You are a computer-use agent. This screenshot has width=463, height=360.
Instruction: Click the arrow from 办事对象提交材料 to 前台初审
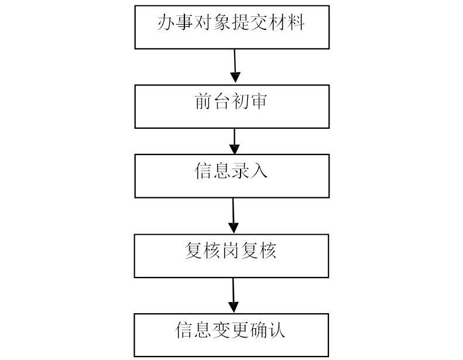[x=235, y=67]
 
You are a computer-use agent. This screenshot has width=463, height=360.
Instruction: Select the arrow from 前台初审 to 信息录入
[x=234, y=141]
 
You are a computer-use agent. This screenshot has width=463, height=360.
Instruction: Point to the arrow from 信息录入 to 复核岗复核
[x=233, y=216]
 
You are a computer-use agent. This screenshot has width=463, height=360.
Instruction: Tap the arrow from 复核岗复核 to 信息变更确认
[x=233, y=296]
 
